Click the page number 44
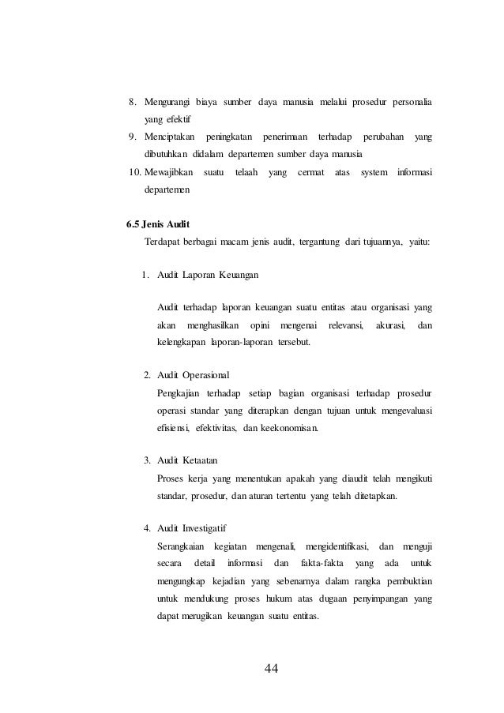click(x=271, y=669)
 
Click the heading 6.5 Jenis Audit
click(x=158, y=222)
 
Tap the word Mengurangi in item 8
click(x=167, y=102)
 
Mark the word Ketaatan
click(x=200, y=460)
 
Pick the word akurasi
click(x=391, y=325)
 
